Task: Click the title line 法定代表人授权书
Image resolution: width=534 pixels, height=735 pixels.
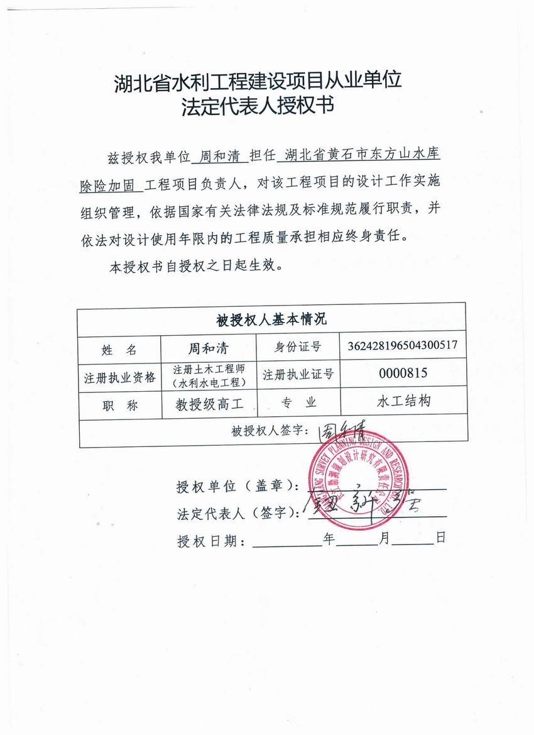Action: tap(257, 106)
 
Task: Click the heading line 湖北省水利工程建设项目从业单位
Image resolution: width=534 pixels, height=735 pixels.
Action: tap(258, 81)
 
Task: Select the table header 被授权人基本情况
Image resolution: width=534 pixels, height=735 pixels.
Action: tap(271, 320)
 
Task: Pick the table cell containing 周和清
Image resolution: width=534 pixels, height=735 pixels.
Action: tap(209, 348)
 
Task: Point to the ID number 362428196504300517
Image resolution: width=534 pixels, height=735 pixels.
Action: tap(402, 346)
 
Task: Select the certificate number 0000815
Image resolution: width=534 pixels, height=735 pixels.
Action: tap(403, 373)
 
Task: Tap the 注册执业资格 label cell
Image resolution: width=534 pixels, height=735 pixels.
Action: tap(120, 377)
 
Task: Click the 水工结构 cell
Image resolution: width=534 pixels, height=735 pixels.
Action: tap(403, 401)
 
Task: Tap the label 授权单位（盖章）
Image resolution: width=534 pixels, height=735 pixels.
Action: tap(237, 487)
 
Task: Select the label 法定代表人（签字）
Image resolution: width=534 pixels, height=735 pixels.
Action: tap(237, 513)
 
